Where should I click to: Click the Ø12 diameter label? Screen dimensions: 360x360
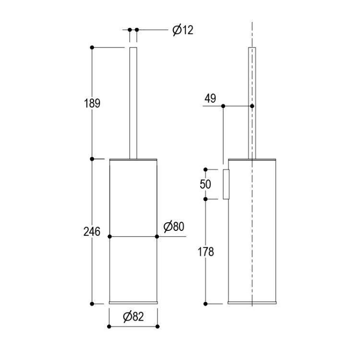click(183, 30)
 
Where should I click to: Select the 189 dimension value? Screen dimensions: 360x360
click(92, 103)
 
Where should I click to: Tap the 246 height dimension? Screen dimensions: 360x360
click(92, 231)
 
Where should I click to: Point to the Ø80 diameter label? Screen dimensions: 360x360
click(174, 227)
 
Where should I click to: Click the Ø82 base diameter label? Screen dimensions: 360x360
click(133, 317)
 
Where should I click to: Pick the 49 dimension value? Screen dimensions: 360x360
click(210, 98)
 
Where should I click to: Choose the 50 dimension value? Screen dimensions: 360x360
click(205, 184)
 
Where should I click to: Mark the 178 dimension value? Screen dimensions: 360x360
click(206, 252)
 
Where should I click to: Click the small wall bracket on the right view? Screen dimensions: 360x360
click(226, 184)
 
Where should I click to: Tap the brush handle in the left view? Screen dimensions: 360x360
click(133, 103)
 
